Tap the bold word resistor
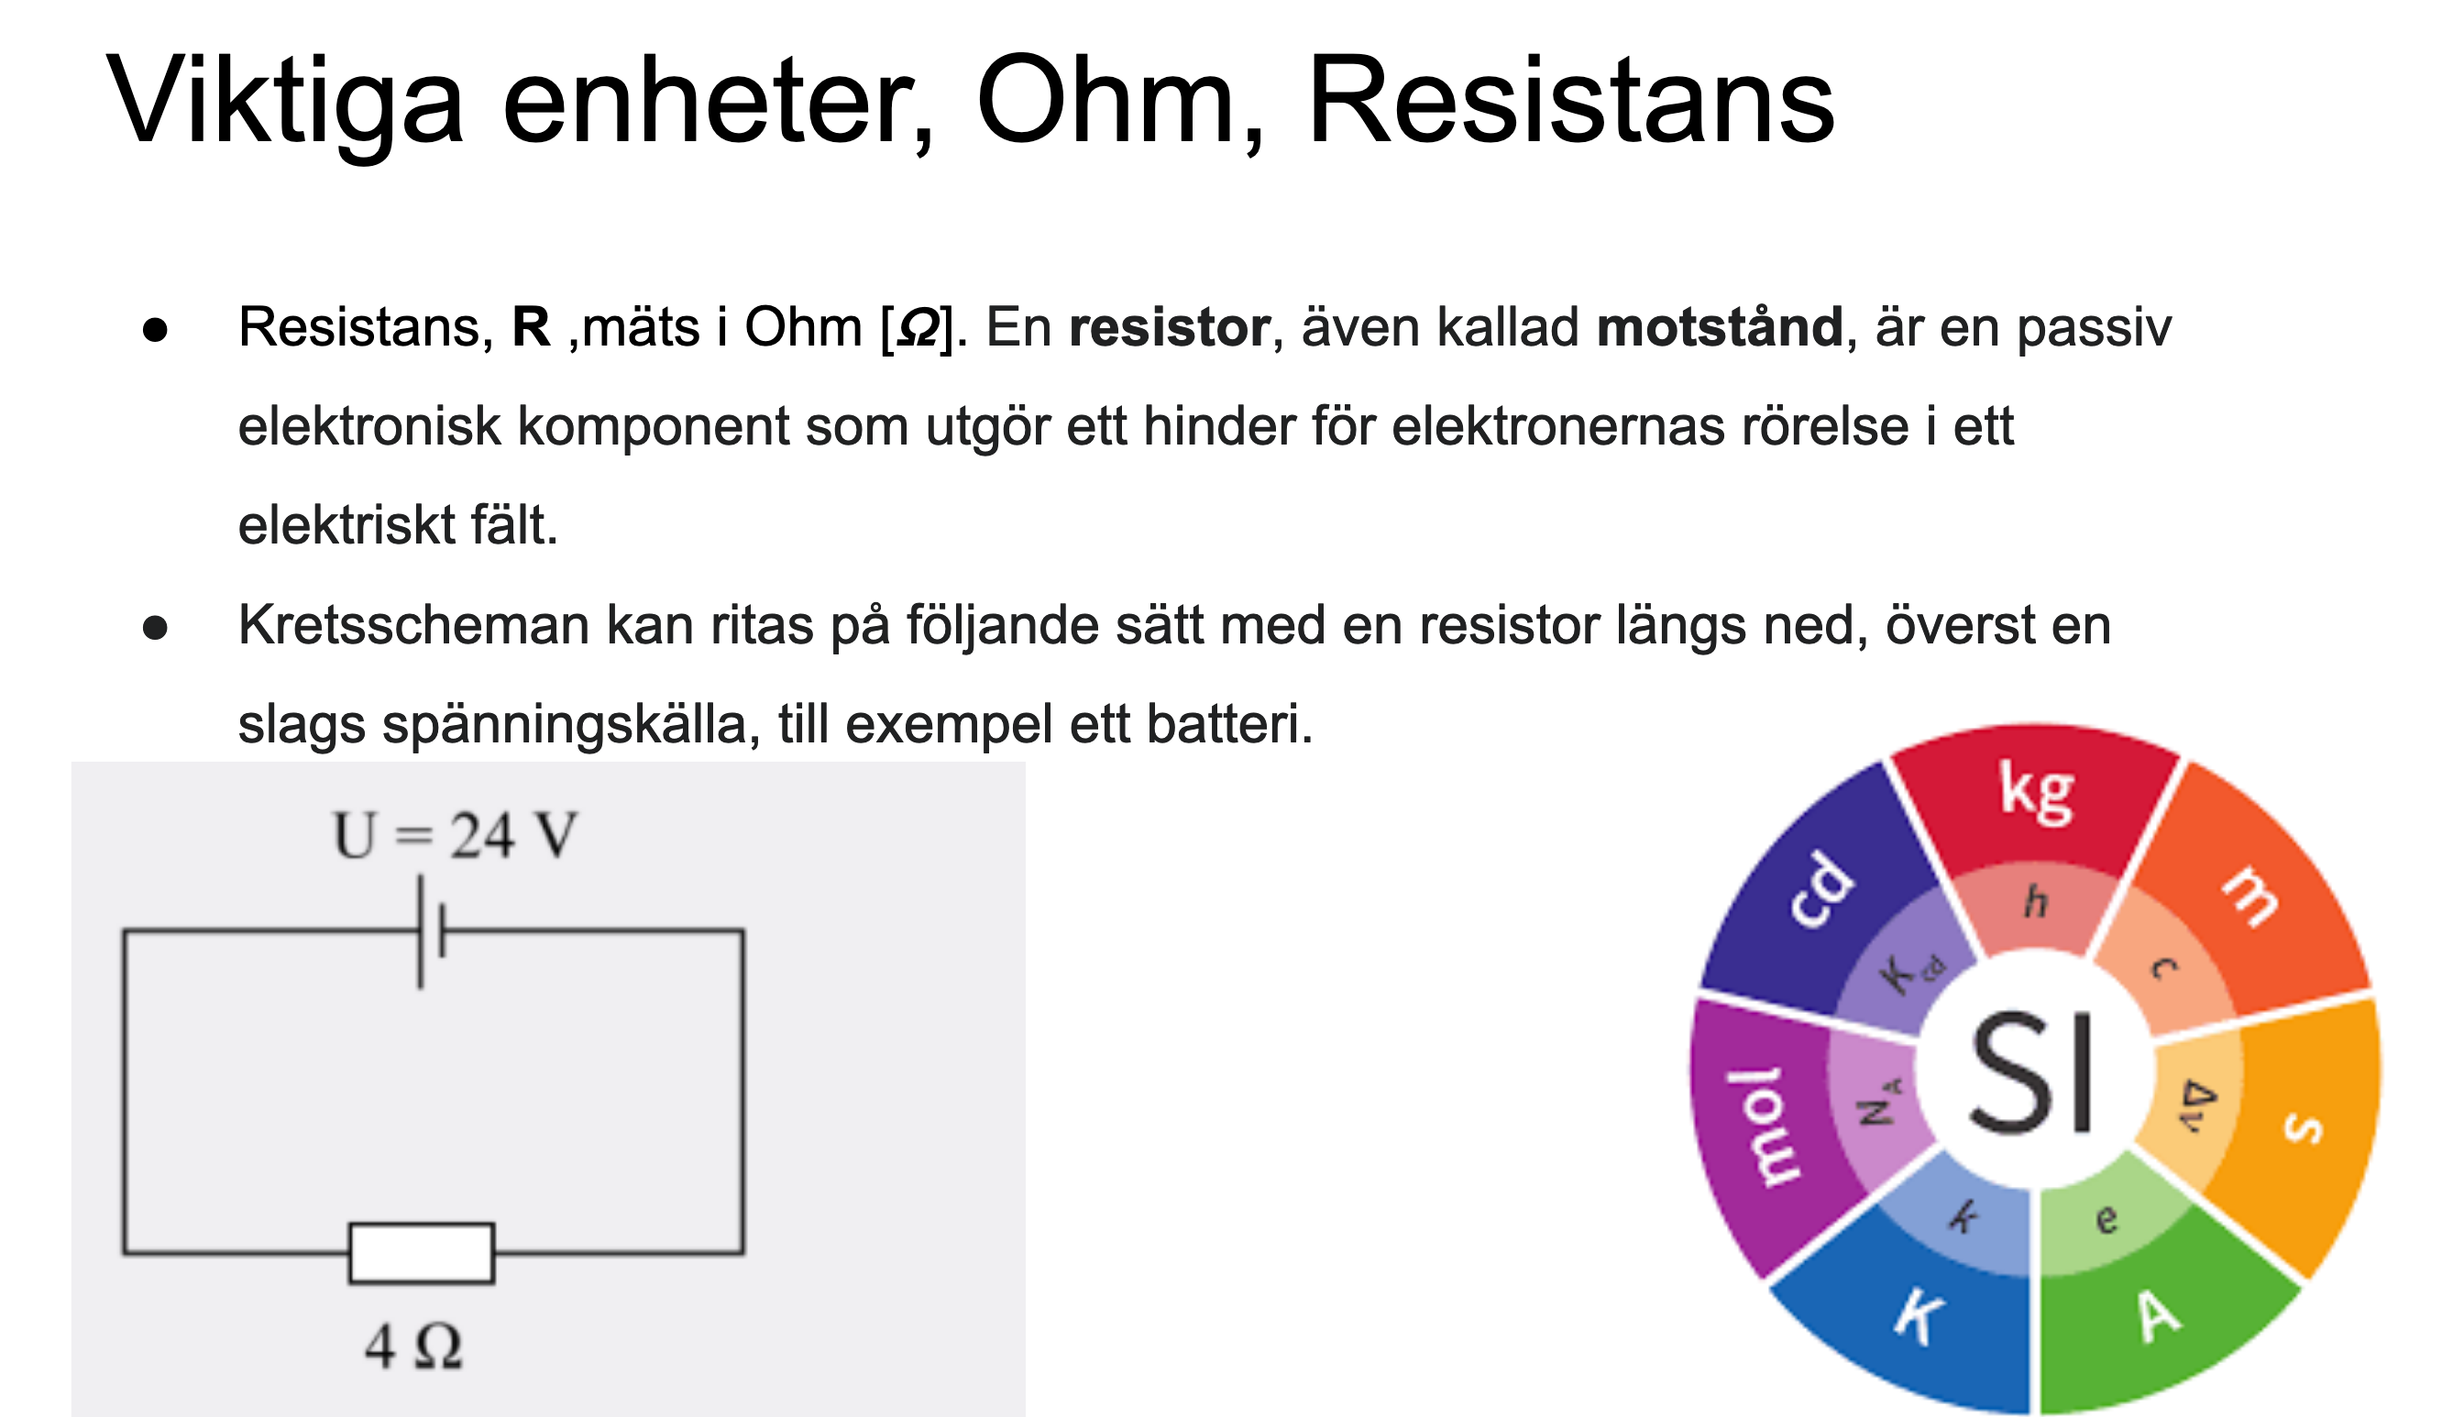point(1169,327)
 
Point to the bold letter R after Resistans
point(532,327)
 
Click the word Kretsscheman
point(413,625)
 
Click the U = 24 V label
point(455,835)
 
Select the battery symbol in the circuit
point(431,931)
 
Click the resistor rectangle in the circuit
point(422,1253)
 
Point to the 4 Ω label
point(413,1348)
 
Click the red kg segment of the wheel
point(2036,803)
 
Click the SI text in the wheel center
point(2031,1072)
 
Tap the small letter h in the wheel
point(2036,901)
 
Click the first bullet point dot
point(155,330)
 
